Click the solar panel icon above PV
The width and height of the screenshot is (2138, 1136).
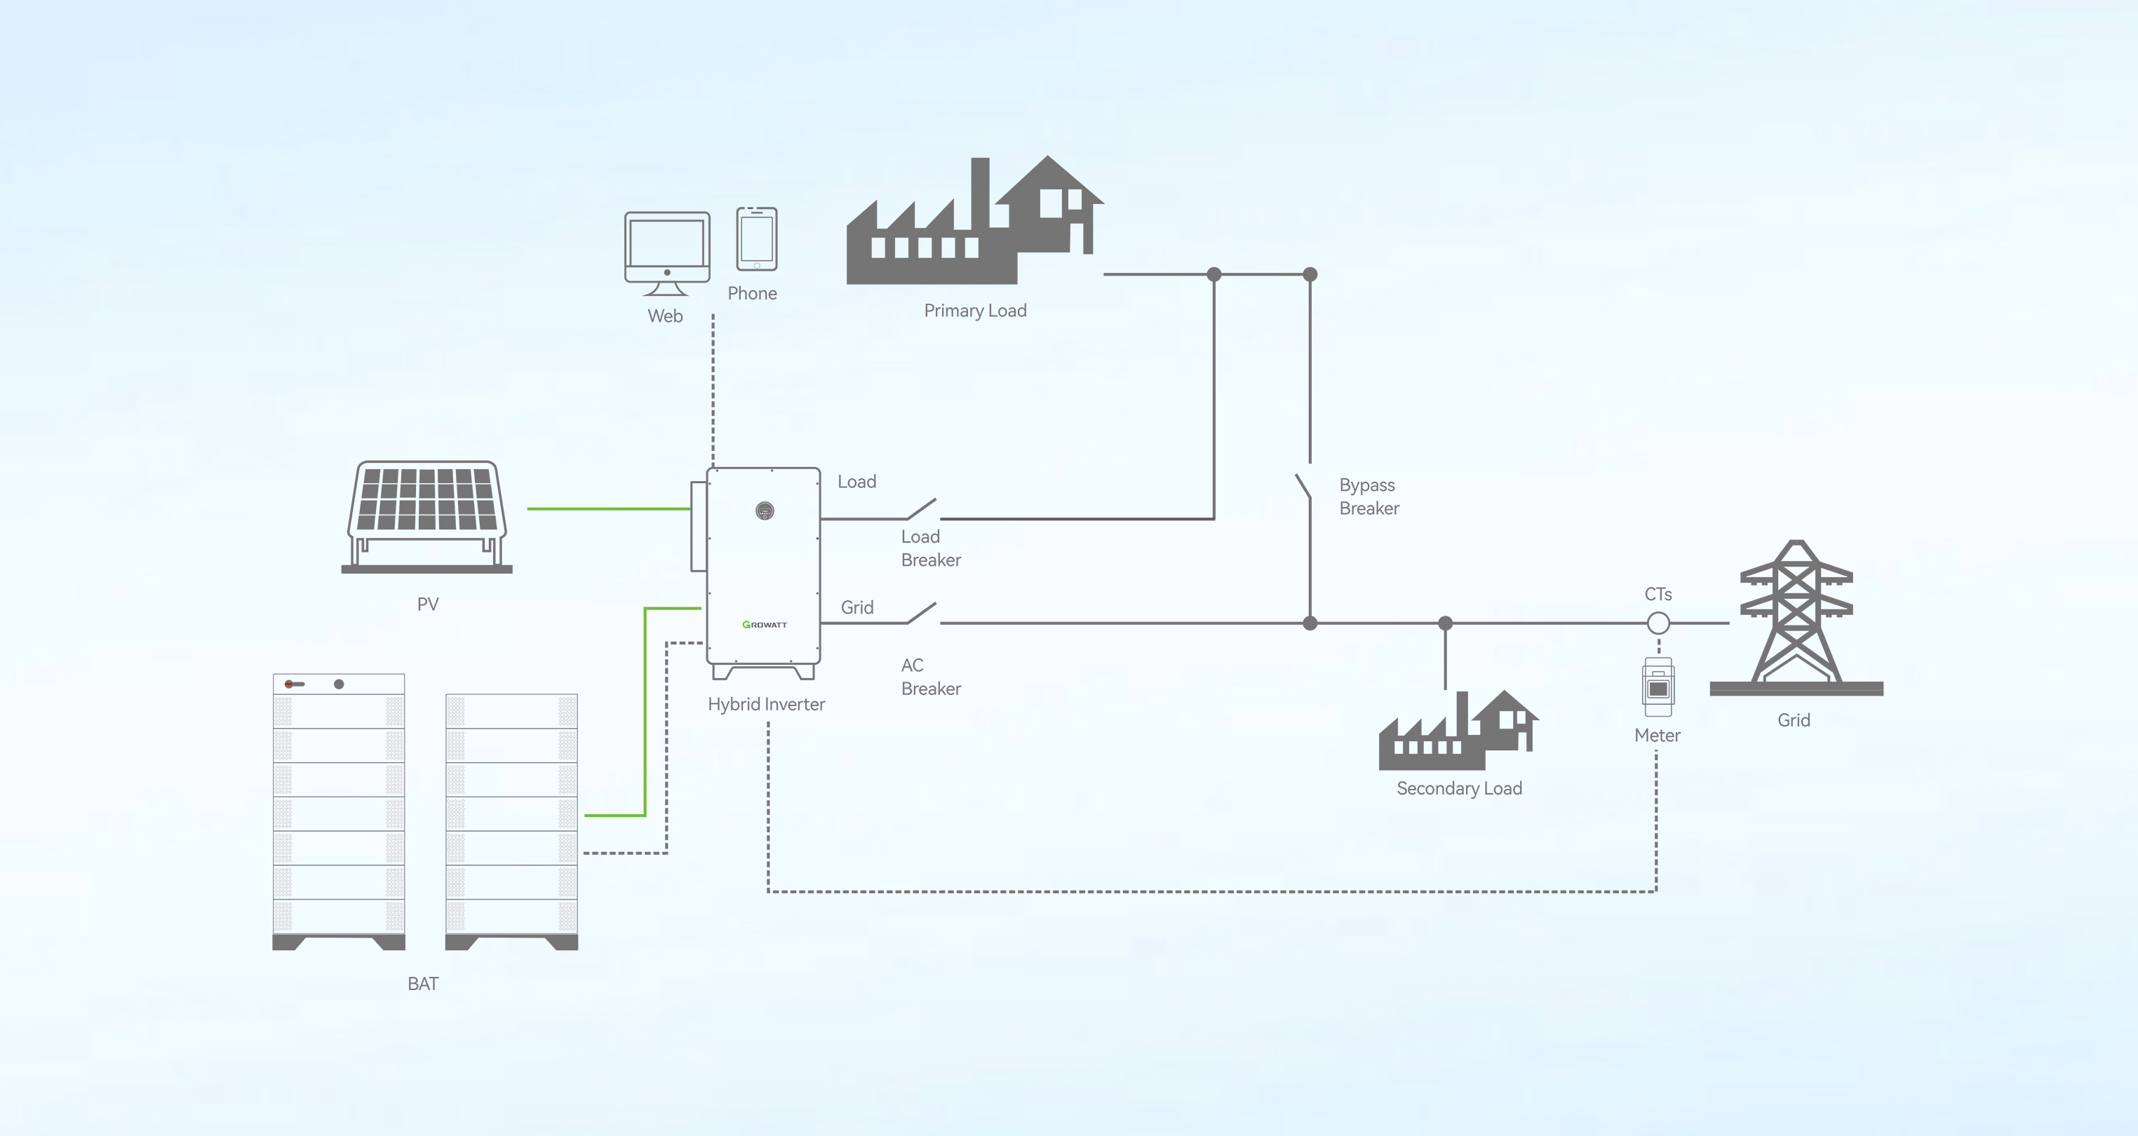[426, 515]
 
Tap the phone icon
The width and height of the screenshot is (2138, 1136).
[756, 239]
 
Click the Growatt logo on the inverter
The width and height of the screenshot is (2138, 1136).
[765, 624]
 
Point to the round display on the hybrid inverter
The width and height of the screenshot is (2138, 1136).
[765, 510]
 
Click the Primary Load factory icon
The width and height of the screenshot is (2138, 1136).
[974, 224]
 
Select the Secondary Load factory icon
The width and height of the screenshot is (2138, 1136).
[1458, 732]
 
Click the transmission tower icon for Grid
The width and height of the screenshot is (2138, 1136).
[1796, 618]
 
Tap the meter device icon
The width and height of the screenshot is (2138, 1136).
[1658, 687]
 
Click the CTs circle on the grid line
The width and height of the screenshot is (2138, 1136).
[1658, 623]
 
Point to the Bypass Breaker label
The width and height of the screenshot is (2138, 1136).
[1369, 496]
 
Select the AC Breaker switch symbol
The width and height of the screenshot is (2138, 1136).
[921, 613]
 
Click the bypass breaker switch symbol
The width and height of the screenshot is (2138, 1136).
[1303, 486]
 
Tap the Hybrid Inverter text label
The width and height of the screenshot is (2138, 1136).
[765, 703]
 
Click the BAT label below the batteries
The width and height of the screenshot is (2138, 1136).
[422, 983]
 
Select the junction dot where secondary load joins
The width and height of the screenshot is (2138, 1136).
[1445, 623]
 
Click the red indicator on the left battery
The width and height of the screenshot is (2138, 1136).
[289, 684]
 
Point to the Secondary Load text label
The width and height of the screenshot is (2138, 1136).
[1458, 788]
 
